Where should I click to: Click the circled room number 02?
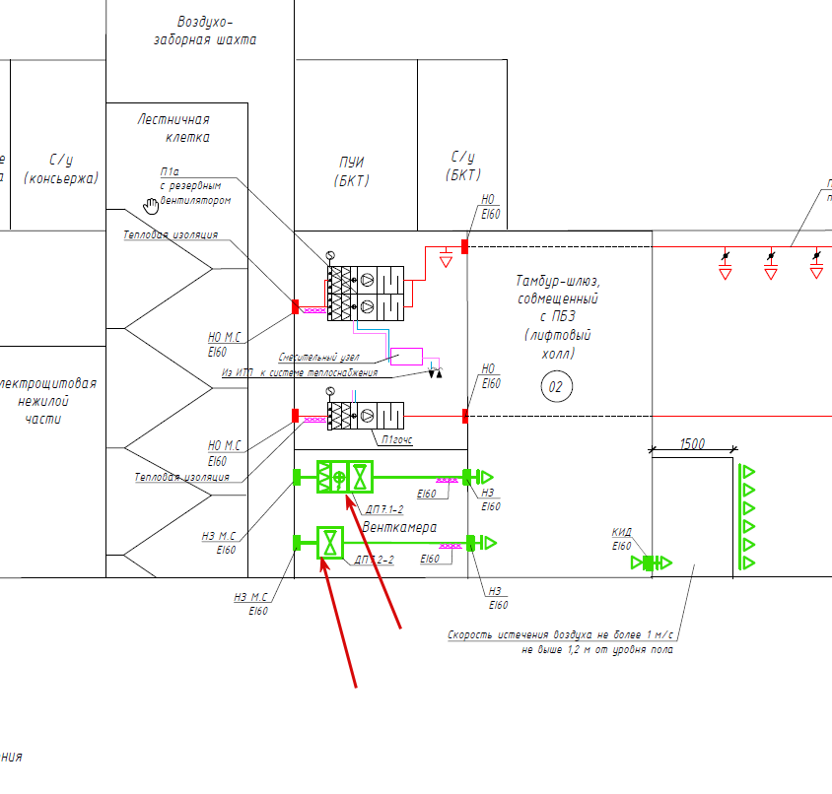555,388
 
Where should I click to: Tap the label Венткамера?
399,528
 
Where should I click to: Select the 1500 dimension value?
692,444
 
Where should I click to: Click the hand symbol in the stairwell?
151,205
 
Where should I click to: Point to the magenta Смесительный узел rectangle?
406,356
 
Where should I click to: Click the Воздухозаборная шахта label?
204,31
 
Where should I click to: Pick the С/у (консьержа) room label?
62,168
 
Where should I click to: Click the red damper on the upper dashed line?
465,245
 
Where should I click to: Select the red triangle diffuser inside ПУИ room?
446,261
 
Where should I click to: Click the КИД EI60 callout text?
621,539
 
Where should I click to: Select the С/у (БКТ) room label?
463,165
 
